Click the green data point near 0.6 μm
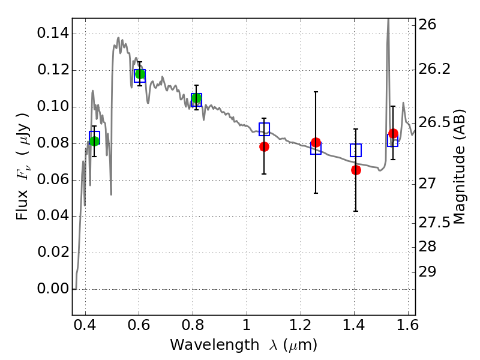coord(140,74)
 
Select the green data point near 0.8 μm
coord(196,98)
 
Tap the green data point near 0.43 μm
coord(94,141)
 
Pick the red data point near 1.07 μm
coord(264,146)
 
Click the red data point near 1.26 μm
coord(316,142)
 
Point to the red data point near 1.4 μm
coord(356,170)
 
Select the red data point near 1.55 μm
coord(393,133)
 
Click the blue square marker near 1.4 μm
coord(356,151)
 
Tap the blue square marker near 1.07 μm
coord(264,128)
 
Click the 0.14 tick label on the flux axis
coord(52,34)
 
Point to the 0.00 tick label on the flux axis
coord(52,289)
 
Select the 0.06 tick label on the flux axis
coord(52,180)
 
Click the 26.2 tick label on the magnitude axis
coord(436,69)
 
